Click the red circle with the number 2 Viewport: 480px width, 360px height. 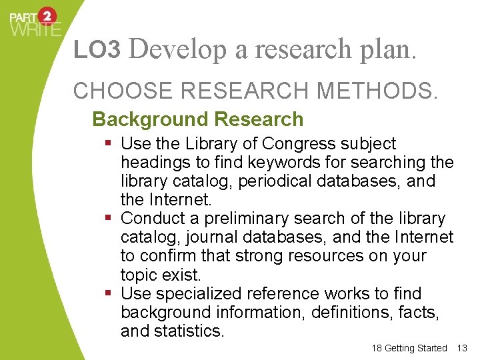click(47, 16)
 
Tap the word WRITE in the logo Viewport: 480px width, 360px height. click(35, 29)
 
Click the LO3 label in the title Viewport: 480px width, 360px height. click(97, 49)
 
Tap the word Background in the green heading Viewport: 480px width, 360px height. click(141, 120)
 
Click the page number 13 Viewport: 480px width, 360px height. click(464, 348)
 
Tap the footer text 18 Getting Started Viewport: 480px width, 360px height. click(409, 348)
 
